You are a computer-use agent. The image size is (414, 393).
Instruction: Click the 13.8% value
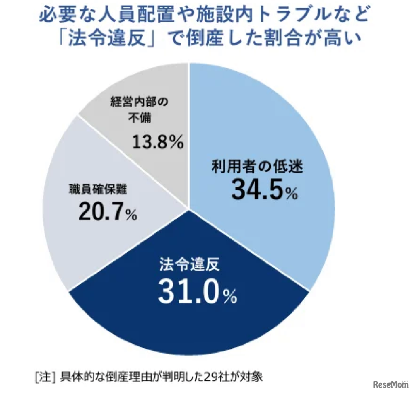[x=157, y=142]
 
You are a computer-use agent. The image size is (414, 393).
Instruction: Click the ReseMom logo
[x=391, y=384]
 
